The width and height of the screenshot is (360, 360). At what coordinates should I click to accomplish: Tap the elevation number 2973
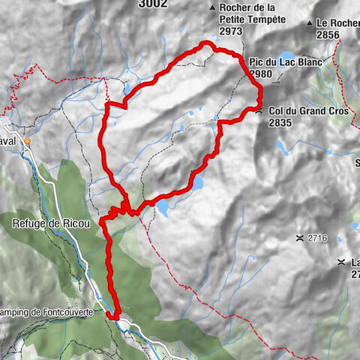(231, 32)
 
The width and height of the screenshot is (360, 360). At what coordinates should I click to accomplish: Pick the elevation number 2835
(280, 122)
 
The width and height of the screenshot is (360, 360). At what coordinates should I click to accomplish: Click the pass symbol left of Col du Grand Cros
(259, 111)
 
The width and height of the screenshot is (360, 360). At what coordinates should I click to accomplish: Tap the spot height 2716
(317, 238)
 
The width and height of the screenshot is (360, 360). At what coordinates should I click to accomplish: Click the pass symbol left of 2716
(300, 238)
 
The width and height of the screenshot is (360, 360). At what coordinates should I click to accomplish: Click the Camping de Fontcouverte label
(37, 310)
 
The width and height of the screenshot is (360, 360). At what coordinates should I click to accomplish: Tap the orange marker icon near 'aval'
(28, 140)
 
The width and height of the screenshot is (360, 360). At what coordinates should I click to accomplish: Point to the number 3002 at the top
(154, 4)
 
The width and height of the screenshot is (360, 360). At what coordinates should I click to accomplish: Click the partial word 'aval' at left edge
(10, 140)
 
